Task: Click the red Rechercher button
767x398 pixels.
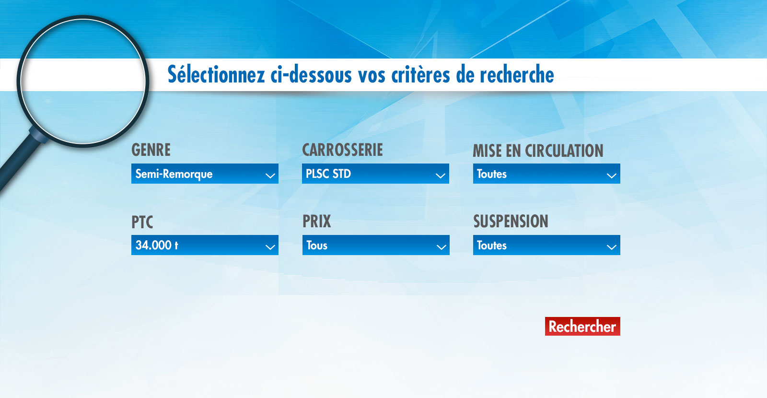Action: click(582, 326)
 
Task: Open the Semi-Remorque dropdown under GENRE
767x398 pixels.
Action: click(205, 174)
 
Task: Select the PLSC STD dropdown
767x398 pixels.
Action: click(375, 174)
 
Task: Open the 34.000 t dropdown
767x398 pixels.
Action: click(205, 245)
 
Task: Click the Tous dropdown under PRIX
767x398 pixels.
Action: click(376, 245)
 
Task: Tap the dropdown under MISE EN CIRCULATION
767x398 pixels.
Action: click(546, 174)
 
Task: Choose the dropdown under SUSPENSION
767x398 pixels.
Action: click(546, 245)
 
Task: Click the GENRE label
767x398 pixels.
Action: click(151, 150)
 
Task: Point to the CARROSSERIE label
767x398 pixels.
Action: click(342, 150)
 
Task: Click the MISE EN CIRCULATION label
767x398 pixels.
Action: click(538, 151)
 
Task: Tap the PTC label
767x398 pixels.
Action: click(142, 222)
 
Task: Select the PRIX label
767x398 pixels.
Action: click(317, 221)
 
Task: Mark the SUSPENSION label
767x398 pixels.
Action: click(511, 221)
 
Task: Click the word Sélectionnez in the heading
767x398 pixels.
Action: click(216, 74)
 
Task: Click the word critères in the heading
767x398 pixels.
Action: click(420, 74)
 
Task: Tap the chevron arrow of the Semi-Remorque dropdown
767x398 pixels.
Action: click(270, 176)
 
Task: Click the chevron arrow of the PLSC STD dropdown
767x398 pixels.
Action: click(441, 176)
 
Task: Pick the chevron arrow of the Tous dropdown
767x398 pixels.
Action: click(441, 247)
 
